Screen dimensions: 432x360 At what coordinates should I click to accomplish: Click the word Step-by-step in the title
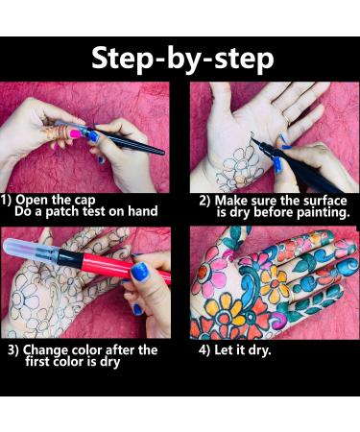tap(180, 58)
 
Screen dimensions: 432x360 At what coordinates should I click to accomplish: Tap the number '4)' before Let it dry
tap(205, 350)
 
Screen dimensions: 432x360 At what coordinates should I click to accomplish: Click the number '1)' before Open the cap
tap(8, 200)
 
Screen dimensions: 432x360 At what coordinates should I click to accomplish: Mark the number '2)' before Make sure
tap(205, 200)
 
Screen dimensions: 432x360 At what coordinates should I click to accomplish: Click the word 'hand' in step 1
tap(140, 211)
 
